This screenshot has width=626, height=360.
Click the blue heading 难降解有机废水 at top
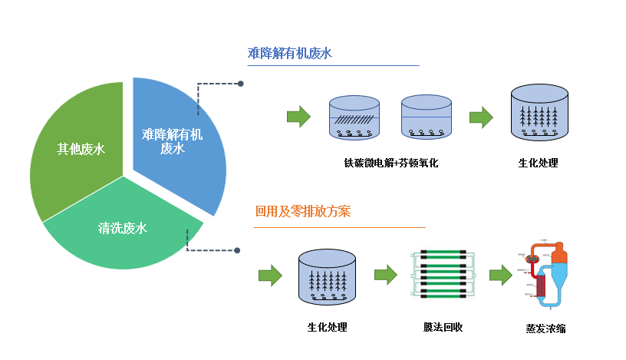coord(289,53)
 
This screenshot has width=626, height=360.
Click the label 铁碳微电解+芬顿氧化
coord(390,163)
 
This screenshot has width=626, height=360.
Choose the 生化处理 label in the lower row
coord(327,327)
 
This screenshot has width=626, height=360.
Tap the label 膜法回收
coord(443,327)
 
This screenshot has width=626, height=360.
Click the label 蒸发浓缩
coord(545,329)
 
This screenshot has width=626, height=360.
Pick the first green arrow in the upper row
coord(298,117)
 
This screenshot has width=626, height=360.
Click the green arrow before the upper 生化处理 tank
coord(481,117)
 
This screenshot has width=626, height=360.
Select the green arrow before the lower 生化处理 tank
coord(270,275)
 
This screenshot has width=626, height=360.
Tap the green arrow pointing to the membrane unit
coord(385,274)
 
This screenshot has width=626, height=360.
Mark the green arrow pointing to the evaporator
coord(500,274)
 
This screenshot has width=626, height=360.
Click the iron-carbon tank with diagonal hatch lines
coord(354,118)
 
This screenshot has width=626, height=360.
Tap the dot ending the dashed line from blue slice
coord(241,84)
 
